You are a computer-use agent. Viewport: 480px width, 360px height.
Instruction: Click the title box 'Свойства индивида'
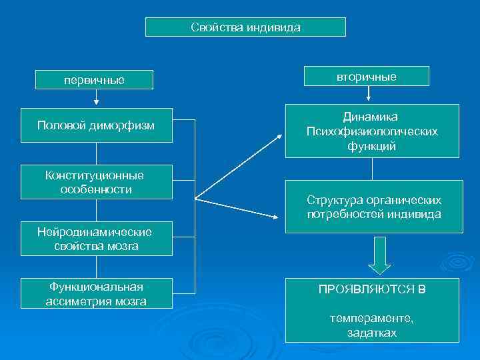click(x=245, y=27)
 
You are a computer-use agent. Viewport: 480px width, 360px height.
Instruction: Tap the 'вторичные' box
click(x=366, y=77)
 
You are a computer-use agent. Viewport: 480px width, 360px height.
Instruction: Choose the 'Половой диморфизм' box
click(x=97, y=125)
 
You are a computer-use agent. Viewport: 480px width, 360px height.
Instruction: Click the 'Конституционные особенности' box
click(x=97, y=182)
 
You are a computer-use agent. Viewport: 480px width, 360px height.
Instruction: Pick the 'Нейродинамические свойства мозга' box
click(x=97, y=239)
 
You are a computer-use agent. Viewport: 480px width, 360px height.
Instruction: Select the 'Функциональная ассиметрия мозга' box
click(x=97, y=294)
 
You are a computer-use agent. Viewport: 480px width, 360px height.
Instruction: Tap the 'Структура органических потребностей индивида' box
click(x=374, y=207)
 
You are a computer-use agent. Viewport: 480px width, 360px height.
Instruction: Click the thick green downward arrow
click(x=379, y=256)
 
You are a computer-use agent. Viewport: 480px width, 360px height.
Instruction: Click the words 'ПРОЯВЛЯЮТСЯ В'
click(x=372, y=290)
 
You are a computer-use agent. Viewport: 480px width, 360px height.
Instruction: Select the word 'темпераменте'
click(x=371, y=319)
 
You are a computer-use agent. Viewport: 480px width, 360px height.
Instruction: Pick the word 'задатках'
click(x=371, y=332)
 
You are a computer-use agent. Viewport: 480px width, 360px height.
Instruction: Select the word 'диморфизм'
click(x=125, y=125)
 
